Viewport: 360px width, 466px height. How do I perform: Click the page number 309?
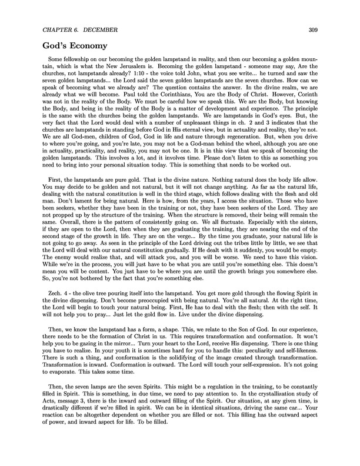311,30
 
